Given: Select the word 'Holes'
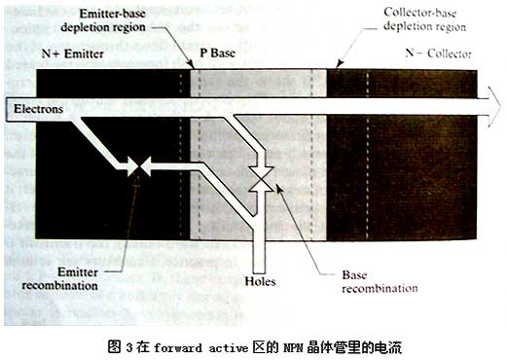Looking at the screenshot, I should point(261,281).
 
